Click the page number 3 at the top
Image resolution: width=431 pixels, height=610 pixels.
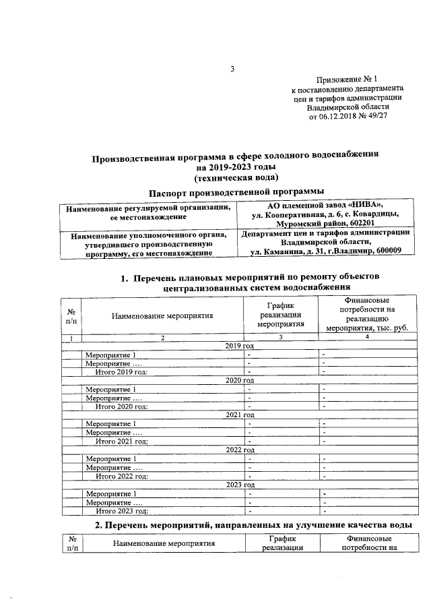coord(232,69)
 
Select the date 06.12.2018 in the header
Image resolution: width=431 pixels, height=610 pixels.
coord(340,116)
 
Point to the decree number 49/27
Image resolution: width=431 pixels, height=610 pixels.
coord(378,116)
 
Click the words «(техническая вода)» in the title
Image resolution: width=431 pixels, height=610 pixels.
coord(235,178)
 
